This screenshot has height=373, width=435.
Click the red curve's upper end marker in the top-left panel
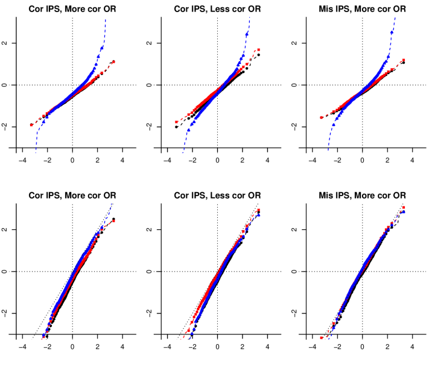pyautogui.click(x=113, y=62)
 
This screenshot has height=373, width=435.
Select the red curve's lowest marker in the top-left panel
pyautogui.click(x=31, y=126)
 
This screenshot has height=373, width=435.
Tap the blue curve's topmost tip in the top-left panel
pyautogui.click(x=106, y=19)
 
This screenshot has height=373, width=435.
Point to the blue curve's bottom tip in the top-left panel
pyautogui.click(x=36, y=152)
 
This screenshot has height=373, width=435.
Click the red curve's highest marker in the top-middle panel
pyautogui.click(x=259, y=49)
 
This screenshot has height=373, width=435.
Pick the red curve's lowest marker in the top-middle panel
pyautogui.click(x=176, y=122)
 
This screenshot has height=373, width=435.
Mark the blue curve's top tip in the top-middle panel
pyautogui.click(x=250, y=18)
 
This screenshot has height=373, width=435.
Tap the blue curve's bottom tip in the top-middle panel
pyautogui.click(x=182, y=153)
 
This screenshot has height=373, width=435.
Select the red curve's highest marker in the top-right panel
pyautogui.click(x=403, y=59)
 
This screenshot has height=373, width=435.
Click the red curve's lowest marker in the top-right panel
pyautogui.click(x=321, y=118)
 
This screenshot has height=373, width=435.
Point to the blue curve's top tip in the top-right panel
pyautogui.click(x=395, y=17)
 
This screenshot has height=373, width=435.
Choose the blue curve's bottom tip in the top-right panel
pyautogui.click(x=328, y=150)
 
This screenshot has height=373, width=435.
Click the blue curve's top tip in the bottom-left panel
pyautogui.click(x=111, y=204)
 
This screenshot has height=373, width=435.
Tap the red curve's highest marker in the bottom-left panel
pyautogui.click(x=113, y=222)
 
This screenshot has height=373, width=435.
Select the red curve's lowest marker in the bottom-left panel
pyautogui.click(x=42, y=339)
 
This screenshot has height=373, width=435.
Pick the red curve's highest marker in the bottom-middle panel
pyautogui.click(x=259, y=210)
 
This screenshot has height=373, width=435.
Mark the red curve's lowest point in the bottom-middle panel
pyautogui.click(x=181, y=339)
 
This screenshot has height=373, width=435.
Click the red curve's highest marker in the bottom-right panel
pyautogui.click(x=404, y=208)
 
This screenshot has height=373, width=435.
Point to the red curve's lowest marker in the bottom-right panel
pyautogui.click(x=322, y=337)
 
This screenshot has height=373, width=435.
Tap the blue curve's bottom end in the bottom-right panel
pyautogui.click(x=329, y=339)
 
